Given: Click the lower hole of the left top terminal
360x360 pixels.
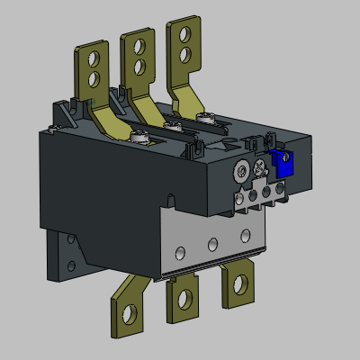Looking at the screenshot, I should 92,81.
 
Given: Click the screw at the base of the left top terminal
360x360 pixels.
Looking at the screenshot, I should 141,137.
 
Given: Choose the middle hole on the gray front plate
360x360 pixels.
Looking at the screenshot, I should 212,244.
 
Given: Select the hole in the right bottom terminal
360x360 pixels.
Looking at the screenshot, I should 239,283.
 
